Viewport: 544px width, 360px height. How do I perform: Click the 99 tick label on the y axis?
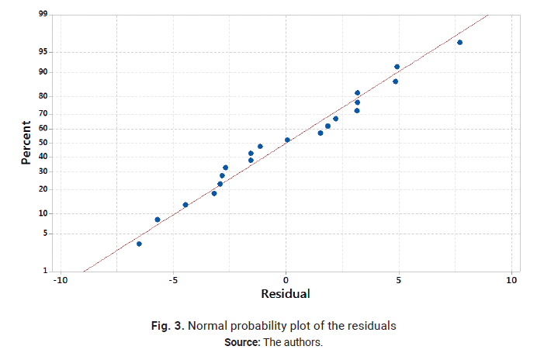pos(43,14)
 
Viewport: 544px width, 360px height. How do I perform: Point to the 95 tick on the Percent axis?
pos(43,52)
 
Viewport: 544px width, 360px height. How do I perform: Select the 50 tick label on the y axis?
pos(43,143)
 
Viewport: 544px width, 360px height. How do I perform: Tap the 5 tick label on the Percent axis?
pos(46,233)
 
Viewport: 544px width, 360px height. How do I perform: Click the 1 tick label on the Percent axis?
pos(46,271)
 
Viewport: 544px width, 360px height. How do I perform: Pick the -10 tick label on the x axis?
pos(60,280)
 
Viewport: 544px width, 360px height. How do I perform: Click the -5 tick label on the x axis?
pos(173,280)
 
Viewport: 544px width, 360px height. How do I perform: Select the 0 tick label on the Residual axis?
pos(286,280)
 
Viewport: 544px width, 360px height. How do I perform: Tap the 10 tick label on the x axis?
pos(511,280)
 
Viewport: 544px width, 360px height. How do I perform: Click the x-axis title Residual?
pos(286,294)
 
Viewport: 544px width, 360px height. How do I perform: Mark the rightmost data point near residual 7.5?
pos(459,43)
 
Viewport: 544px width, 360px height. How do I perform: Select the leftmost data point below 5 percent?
pos(139,244)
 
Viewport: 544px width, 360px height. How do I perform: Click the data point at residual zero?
pos(287,140)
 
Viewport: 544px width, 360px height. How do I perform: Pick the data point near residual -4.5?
pos(185,205)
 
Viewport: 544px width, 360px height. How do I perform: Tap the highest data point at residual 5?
pos(397,67)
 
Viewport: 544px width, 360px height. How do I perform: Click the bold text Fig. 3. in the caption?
pos(168,327)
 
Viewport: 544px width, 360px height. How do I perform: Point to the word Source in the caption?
pos(241,341)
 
